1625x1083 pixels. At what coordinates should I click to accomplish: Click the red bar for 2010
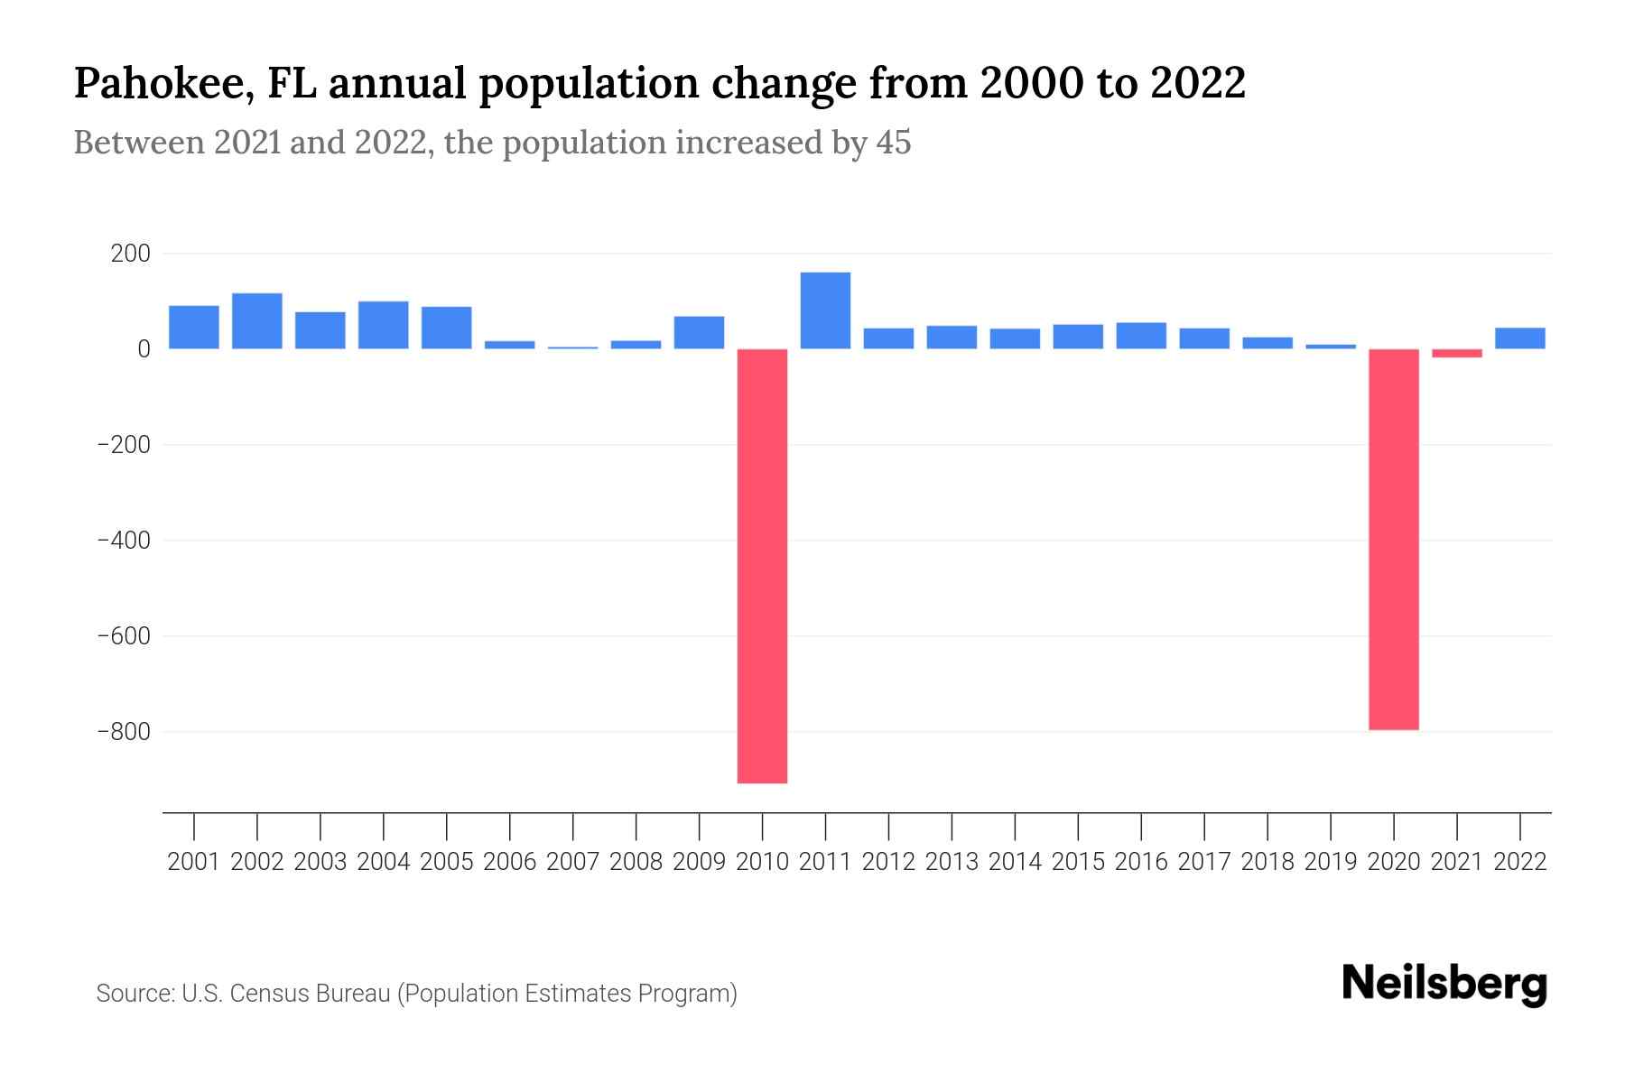[x=762, y=566]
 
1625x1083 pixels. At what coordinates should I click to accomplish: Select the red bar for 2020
[x=1393, y=539]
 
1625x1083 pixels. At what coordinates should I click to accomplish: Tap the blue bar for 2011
[x=825, y=310]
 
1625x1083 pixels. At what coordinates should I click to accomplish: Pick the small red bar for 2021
[x=1456, y=353]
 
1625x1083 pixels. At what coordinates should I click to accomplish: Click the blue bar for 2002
[x=257, y=320]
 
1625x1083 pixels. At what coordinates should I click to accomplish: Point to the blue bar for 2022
[x=1519, y=338]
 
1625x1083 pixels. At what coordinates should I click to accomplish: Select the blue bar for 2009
[x=699, y=332]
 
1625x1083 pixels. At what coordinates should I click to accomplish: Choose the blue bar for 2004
[x=384, y=325]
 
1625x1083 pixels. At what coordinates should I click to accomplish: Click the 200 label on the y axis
[x=130, y=254]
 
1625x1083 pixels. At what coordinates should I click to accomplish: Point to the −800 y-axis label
[x=123, y=732]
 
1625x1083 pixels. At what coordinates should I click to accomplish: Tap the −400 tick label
[x=123, y=541]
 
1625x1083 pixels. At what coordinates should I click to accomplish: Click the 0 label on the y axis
[x=143, y=349]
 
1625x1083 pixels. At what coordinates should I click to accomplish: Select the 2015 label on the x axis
[x=1078, y=862]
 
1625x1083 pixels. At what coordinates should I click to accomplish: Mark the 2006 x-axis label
[x=510, y=862]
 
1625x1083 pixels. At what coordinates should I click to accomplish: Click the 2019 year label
[x=1330, y=862]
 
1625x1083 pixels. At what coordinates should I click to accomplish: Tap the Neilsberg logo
[x=1444, y=985]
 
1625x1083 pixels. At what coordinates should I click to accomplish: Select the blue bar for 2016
[x=1141, y=336]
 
